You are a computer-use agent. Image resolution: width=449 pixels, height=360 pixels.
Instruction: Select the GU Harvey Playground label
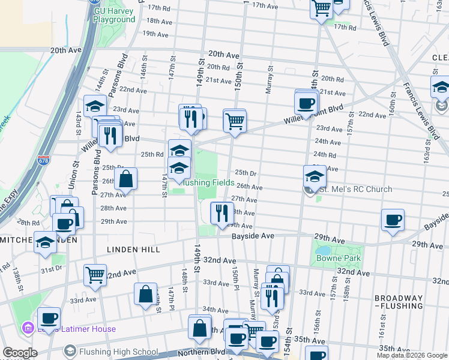tap(114, 16)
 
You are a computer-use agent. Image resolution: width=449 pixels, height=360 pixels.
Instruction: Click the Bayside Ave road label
tap(253, 236)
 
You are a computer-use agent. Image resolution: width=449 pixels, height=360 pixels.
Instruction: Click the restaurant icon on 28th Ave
tap(221, 212)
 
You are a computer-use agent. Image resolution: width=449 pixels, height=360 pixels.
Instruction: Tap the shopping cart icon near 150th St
tap(235, 120)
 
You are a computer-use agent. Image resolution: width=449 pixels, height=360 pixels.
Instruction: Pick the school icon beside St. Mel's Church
tap(315, 176)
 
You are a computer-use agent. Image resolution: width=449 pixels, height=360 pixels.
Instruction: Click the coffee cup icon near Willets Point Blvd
tap(306, 103)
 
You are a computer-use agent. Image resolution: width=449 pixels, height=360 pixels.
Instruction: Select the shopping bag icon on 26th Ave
tap(126, 179)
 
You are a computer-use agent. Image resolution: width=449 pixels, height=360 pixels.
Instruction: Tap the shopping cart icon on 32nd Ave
tap(95, 275)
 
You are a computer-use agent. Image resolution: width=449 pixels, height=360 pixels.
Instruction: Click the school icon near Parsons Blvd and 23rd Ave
tap(95, 106)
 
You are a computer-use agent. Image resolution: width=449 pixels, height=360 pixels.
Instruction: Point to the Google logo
tap(20, 353)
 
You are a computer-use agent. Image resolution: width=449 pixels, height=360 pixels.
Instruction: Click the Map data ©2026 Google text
tap(411, 355)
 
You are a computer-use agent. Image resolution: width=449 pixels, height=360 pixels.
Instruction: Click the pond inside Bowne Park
tap(322, 250)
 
